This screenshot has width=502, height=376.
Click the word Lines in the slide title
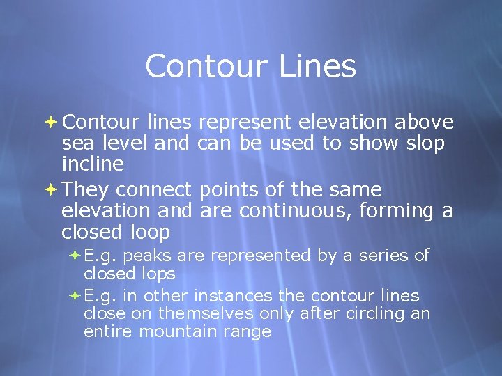pos(318,67)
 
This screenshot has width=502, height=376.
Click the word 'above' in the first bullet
pos(425,123)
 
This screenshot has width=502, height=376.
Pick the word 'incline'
pos(93,164)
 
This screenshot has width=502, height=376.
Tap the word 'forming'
pos(397,211)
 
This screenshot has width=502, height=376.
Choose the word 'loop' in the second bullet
pos(150,231)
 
